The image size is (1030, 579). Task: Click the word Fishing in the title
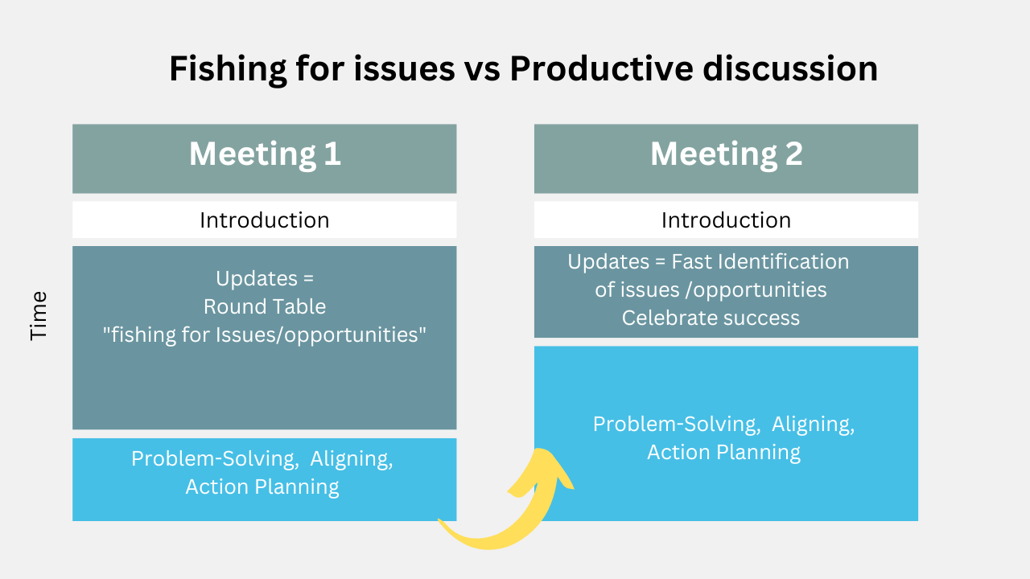click(228, 69)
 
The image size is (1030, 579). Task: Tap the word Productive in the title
click(601, 68)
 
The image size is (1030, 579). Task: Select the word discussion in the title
click(790, 68)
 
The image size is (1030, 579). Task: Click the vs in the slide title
click(482, 72)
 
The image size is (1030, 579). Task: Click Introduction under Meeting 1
click(265, 220)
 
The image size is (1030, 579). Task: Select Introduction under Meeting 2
click(726, 220)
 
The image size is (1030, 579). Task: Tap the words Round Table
click(265, 306)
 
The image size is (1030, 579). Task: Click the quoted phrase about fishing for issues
click(265, 335)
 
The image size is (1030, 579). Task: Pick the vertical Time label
click(39, 316)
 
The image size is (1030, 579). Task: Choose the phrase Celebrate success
click(711, 318)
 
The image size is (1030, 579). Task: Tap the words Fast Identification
click(760, 261)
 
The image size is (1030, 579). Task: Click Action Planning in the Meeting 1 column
click(262, 487)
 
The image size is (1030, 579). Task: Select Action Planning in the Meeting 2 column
click(723, 452)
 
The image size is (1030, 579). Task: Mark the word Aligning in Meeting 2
click(813, 425)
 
